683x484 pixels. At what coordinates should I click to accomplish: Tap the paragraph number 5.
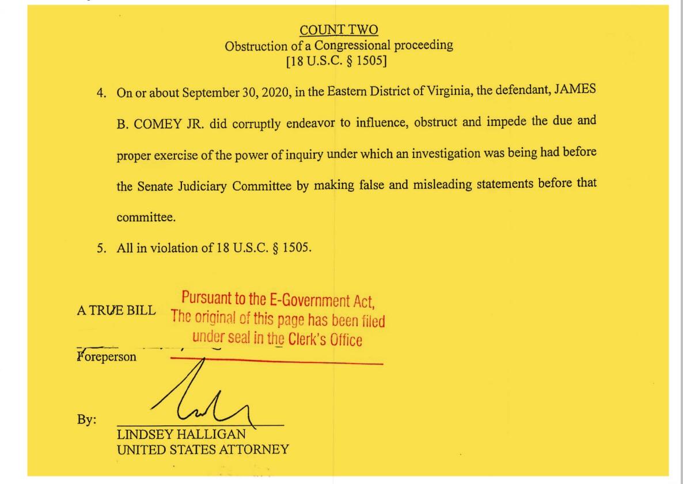point(101,248)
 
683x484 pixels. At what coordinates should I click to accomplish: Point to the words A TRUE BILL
point(116,310)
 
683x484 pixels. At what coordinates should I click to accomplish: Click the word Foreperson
point(107,357)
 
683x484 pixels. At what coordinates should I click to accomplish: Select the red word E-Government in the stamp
point(306,300)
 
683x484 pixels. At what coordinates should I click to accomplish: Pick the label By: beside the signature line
point(86,419)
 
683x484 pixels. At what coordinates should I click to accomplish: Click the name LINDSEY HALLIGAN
point(181,434)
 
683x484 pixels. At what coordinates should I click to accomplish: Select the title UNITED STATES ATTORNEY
point(203,450)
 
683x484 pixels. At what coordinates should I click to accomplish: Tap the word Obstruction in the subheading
point(257,46)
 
